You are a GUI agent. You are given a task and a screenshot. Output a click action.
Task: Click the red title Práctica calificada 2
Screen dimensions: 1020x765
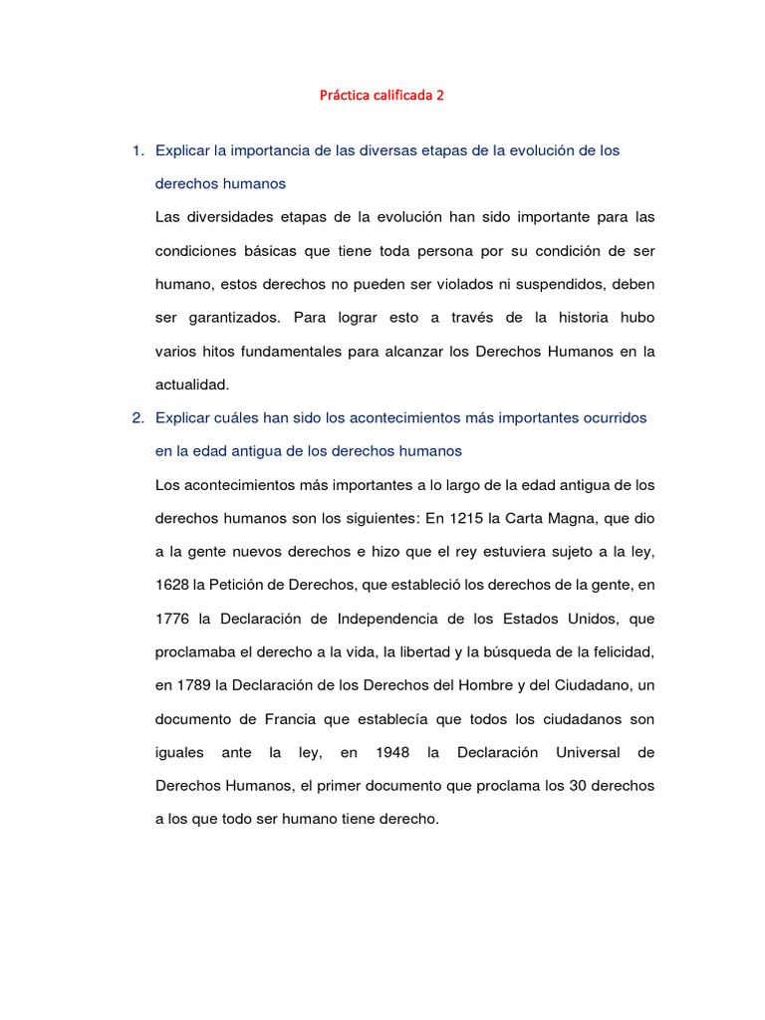point(382,97)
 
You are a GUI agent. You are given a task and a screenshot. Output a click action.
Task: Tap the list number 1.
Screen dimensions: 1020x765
point(135,150)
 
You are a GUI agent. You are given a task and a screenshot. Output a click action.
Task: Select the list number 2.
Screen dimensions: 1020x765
point(135,417)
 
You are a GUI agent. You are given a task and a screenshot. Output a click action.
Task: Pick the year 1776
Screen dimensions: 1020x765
point(172,619)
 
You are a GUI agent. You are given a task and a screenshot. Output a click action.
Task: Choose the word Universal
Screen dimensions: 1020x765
point(587,752)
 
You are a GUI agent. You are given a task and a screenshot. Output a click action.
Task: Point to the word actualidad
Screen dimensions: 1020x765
point(192,383)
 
